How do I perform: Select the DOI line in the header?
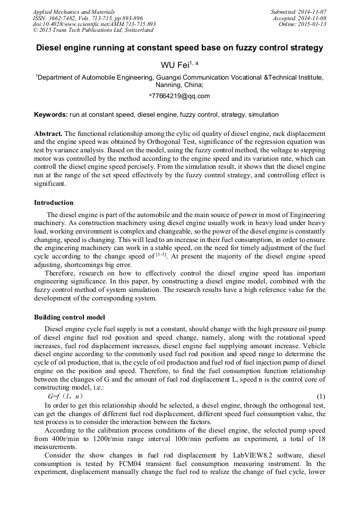94,24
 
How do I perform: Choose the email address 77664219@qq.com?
181,96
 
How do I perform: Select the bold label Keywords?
51,115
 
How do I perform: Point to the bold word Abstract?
48,133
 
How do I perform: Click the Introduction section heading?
54,202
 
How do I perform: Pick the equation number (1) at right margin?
320,396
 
